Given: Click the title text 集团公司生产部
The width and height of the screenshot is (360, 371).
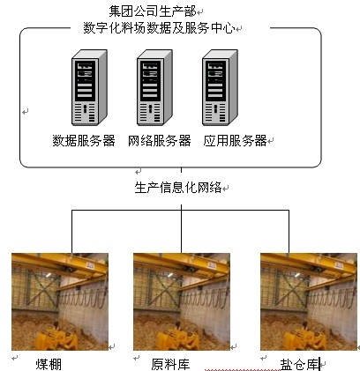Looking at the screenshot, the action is point(153,11).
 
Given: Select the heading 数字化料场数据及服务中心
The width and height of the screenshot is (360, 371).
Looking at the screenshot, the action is point(159,28).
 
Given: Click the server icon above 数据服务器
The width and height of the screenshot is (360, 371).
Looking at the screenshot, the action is point(89,87).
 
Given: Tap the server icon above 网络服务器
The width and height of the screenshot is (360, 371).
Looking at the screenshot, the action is point(154,87).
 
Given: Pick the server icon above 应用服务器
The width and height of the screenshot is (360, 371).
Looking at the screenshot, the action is point(220,87).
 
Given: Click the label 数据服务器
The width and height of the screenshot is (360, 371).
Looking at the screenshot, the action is point(84,141).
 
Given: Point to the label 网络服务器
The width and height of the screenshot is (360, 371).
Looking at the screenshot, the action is point(160,141).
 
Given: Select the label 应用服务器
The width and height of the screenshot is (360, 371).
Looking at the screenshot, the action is point(235,141).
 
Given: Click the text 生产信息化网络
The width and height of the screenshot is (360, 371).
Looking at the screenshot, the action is point(178,188).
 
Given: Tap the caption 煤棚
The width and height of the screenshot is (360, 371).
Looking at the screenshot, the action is point(49,364).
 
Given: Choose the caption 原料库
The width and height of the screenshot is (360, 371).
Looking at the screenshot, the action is point(170,364).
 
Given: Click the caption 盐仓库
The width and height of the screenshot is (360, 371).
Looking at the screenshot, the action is point(300,365).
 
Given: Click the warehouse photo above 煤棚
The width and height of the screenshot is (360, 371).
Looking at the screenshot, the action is point(60,301).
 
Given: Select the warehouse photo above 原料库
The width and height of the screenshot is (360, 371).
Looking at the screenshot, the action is point(182,301).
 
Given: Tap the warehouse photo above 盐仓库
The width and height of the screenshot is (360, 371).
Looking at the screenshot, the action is point(309,301).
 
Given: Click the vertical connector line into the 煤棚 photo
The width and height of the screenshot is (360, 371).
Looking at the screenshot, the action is point(71,232).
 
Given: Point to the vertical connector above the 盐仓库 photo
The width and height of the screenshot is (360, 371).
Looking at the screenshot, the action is point(289,232).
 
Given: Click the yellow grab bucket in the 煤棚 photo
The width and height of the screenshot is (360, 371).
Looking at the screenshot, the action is point(56,339).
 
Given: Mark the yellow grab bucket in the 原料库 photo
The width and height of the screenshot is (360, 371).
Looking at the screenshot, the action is point(178,339).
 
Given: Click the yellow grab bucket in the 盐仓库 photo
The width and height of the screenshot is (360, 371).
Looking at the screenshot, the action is point(305,339).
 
